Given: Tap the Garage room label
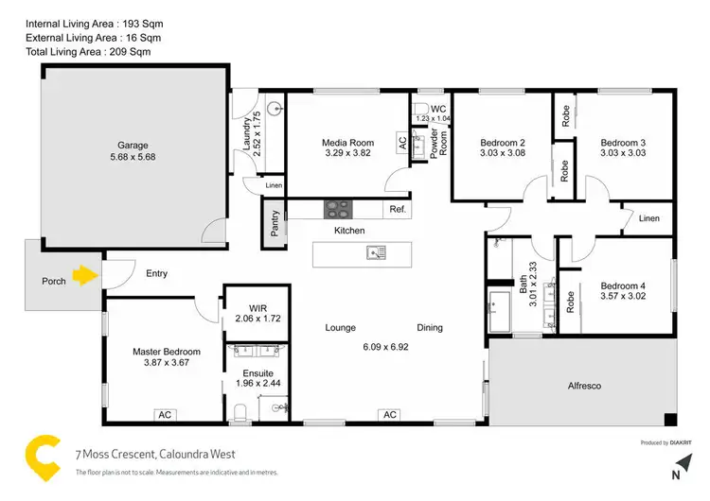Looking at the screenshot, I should [x=132, y=145].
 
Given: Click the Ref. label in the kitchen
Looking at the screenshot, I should [x=397, y=209].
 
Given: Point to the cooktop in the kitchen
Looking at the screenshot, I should [x=338, y=210].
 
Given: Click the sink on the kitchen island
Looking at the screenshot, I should [x=380, y=252].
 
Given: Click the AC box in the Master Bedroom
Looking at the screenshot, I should [x=165, y=414].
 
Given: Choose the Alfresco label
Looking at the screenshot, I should [x=584, y=386].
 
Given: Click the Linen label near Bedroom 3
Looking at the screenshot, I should [x=648, y=218].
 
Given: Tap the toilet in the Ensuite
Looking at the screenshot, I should [x=240, y=411].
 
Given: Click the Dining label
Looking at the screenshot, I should [x=430, y=328].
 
